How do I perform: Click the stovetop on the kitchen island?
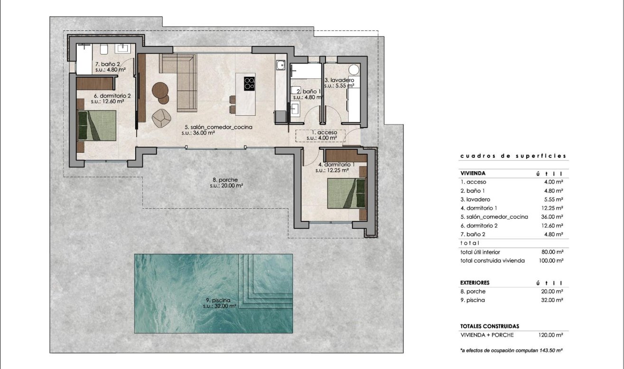(x=249, y=83)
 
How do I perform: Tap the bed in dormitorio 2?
(x=97, y=125)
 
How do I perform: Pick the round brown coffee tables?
(x=161, y=92)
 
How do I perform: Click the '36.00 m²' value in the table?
(x=553, y=217)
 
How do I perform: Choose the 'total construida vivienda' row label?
(x=492, y=260)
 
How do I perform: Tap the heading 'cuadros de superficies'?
(x=513, y=156)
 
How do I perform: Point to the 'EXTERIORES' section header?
(x=475, y=283)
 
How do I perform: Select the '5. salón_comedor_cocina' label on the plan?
(x=218, y=128)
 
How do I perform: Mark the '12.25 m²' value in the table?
(x=553, y=208)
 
